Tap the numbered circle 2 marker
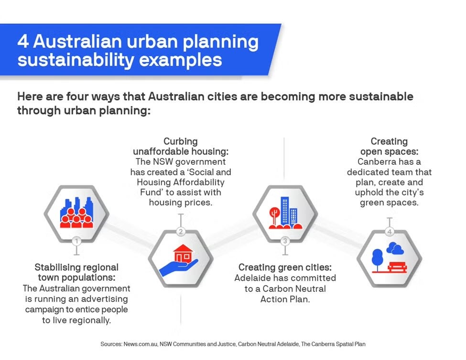[180, 232]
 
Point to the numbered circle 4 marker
[390, 232]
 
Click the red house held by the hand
[183, 254]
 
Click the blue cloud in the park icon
[395, 249]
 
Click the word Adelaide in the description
[254, 278]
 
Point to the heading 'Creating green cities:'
[285, 267]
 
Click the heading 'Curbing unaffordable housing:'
[181, 146]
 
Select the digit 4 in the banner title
[23, 42]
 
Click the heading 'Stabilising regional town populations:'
[76, 272]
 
